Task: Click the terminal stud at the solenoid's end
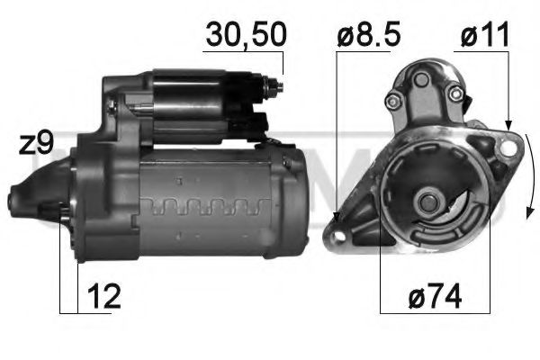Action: (277, 86)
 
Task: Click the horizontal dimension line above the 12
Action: (68, 311)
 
